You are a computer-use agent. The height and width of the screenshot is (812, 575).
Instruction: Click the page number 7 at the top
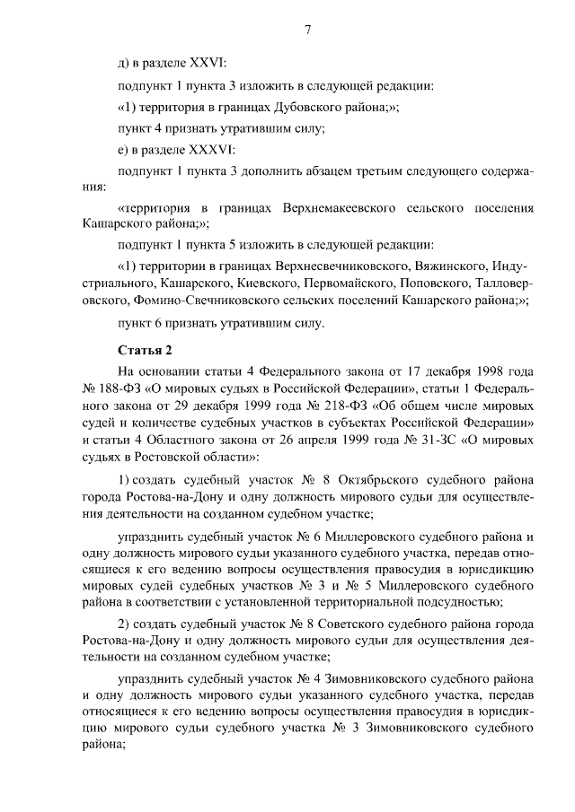[x=308, y=30]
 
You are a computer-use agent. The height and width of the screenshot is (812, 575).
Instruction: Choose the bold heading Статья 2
[x=143, y=348]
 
